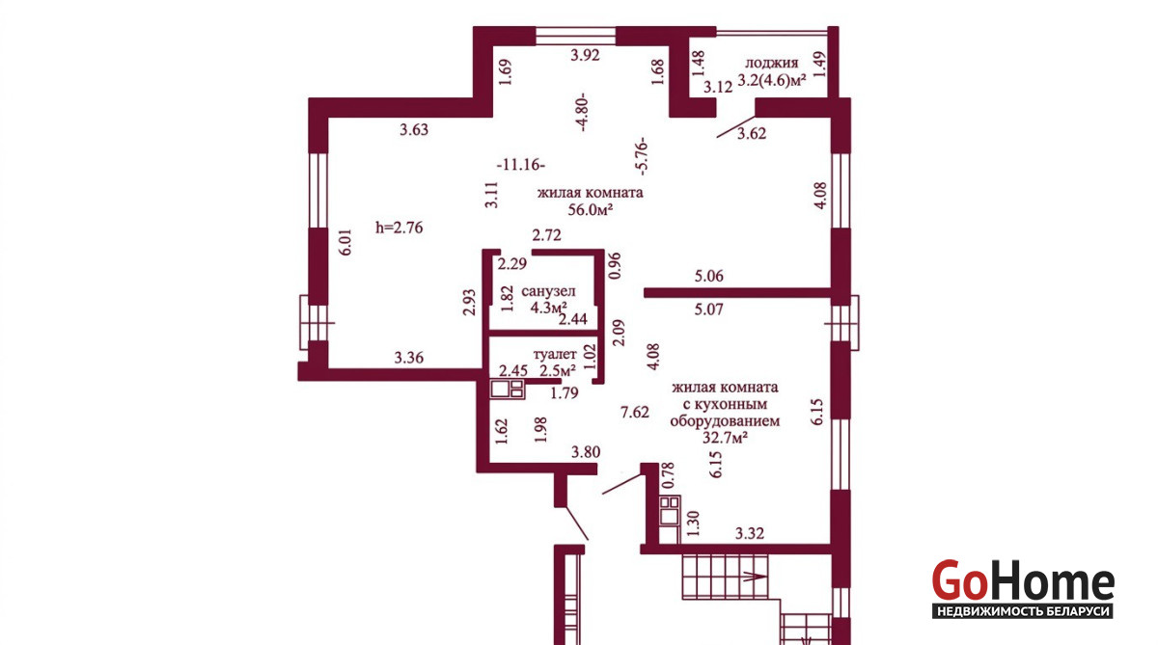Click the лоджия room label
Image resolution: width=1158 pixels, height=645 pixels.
[771, 64]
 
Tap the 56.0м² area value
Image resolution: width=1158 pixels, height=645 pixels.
[591, 209]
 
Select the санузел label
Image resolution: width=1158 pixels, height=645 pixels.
[548, 291]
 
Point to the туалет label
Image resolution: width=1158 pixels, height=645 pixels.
[555, 355]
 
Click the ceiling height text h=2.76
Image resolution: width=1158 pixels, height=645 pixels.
[400, 228]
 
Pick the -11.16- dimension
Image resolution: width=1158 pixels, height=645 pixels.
[520, 165]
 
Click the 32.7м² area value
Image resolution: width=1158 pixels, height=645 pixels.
[726, 438]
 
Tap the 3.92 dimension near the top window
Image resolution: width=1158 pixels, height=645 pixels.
[585, 55]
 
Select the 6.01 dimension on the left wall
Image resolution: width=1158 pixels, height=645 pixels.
[345, 242]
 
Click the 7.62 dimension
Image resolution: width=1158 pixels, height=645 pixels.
[634, 412]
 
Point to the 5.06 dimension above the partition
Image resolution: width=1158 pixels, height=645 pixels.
[708, 276]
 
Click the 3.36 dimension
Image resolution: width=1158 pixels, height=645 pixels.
[409, 358]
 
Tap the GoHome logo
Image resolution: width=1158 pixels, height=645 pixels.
[1023, 580]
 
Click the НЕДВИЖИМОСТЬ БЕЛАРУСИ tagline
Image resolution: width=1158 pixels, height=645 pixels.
[1023, 611]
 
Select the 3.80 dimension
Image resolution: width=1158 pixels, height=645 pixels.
[586, 452]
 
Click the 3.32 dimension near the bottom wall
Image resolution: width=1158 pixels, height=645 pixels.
[750, 533]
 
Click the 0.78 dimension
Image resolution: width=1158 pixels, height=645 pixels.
[669, 475]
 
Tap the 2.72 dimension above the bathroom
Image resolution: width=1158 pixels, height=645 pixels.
[546, 235]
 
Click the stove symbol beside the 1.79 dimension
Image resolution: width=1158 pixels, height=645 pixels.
[508, 389]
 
